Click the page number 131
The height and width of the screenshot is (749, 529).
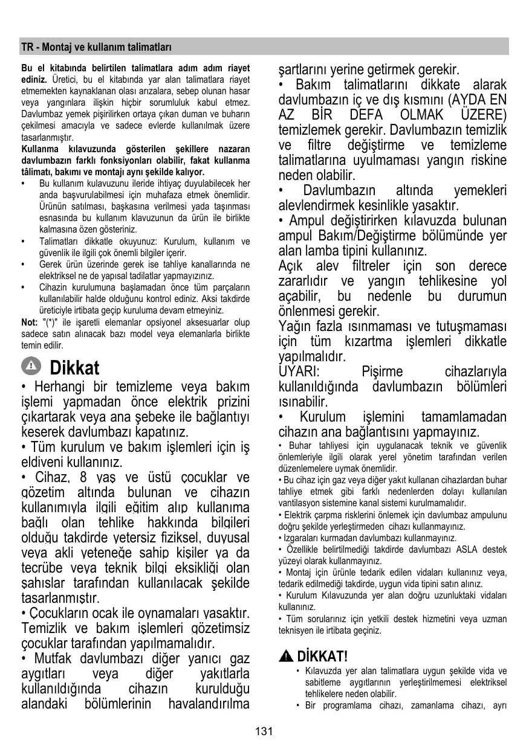click(x=264, y=731)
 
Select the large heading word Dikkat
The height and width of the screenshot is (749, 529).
click(x=75, y=367)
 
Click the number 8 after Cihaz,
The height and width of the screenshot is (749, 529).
click(x=83, y=478)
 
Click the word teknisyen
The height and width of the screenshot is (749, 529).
click(x=296, y=631)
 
